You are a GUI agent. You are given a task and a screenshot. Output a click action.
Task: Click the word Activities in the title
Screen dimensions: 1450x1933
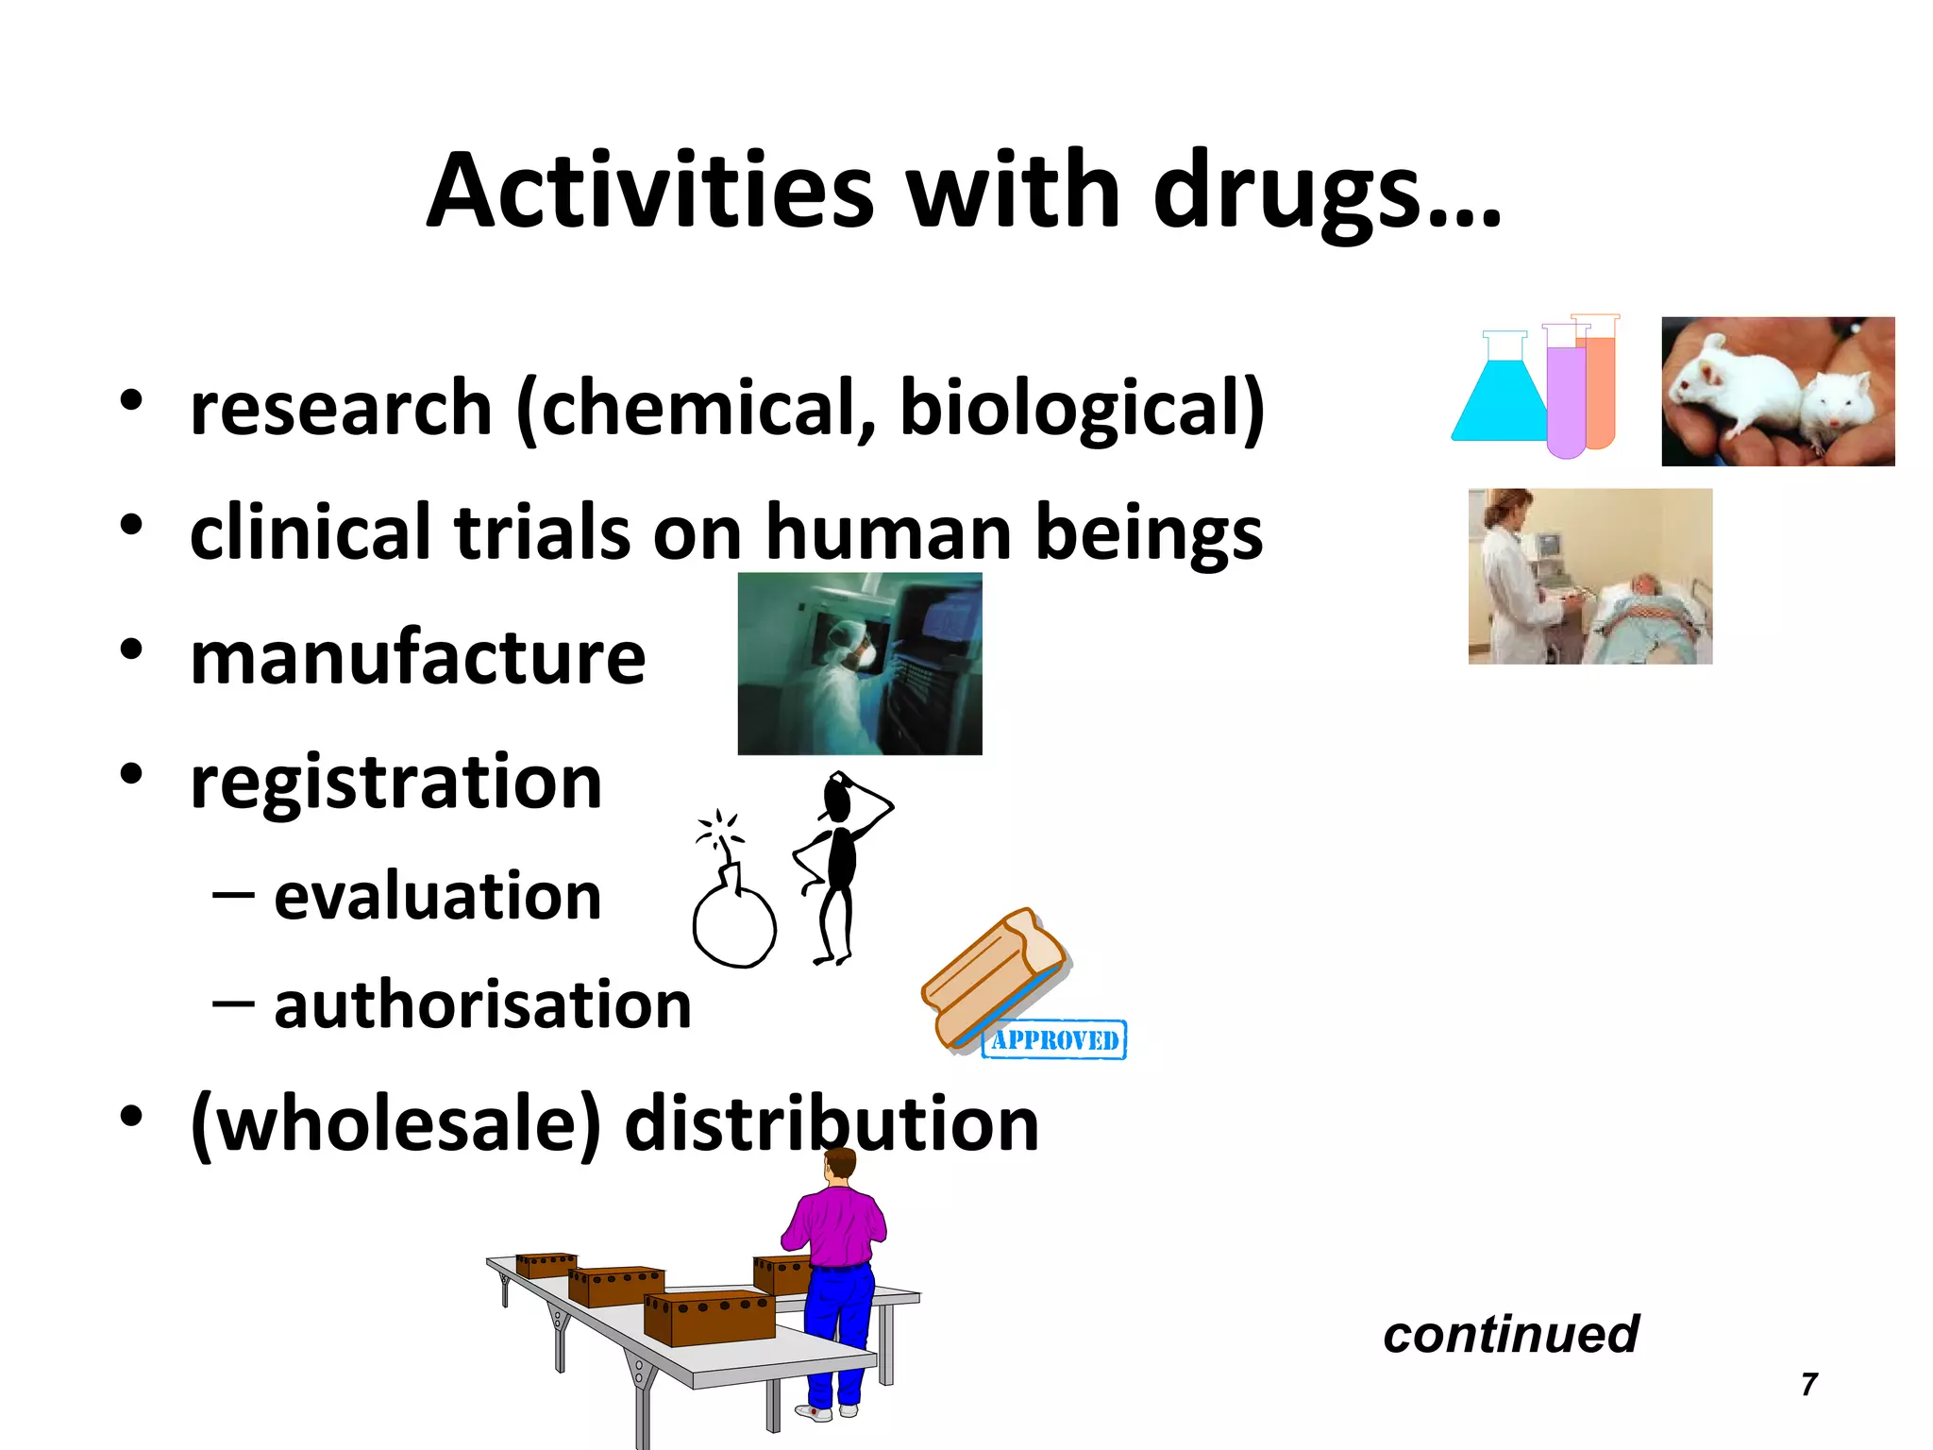coord(651,192)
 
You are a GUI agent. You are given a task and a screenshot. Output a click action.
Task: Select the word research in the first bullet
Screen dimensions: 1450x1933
coord(341,408)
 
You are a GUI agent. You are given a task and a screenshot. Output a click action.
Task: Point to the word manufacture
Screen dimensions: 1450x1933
coord(417,658)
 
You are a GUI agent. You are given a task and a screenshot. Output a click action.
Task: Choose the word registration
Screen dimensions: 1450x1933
coord(395,783)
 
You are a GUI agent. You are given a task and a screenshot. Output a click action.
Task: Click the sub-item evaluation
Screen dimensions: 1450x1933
coord(437,896)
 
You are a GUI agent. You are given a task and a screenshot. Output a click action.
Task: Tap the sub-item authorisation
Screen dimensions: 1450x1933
coord(482,1004)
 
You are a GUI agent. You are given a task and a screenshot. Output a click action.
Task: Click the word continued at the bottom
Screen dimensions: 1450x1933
coord(1510,1334)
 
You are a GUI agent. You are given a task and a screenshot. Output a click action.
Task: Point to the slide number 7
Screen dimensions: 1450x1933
coord(1808,1384)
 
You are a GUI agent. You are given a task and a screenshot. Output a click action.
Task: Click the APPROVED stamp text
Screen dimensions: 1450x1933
coord(1054,1039)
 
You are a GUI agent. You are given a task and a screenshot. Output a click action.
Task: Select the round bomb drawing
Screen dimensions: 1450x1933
coord(734,925)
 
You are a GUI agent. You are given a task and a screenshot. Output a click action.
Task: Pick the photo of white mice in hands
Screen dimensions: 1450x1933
coord(1777,392)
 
